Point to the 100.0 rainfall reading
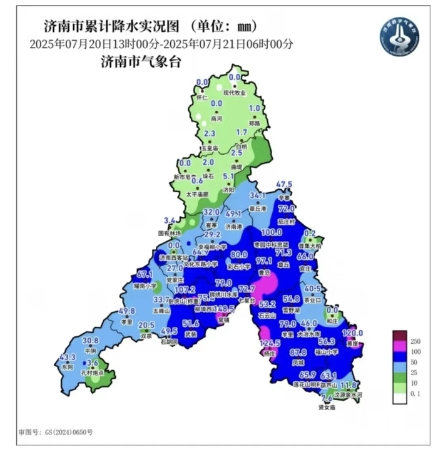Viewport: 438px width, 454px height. point(267,233)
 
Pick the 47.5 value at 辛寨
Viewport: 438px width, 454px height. point(285,185)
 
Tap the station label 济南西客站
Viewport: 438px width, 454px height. point(174,257)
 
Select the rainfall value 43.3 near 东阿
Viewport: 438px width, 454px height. point(67,357)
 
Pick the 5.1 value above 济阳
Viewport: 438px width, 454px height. point(229,177)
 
